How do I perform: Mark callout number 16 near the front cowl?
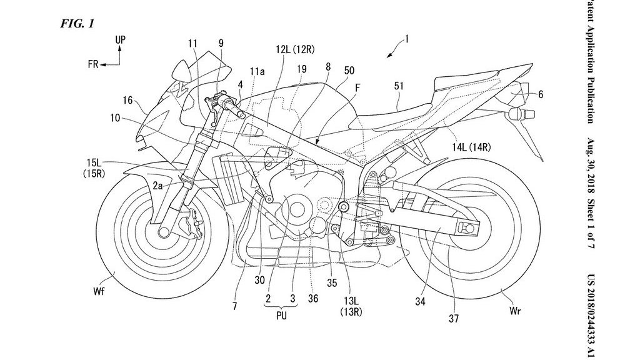pyautogui.click(x=127, y=99)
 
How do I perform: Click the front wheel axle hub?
pyautogui.click(x=164, y=232)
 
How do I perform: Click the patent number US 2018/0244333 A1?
pyautogui.click(x=591, y=313)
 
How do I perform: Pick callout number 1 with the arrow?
pyautogui.click(x=407, y=40)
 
